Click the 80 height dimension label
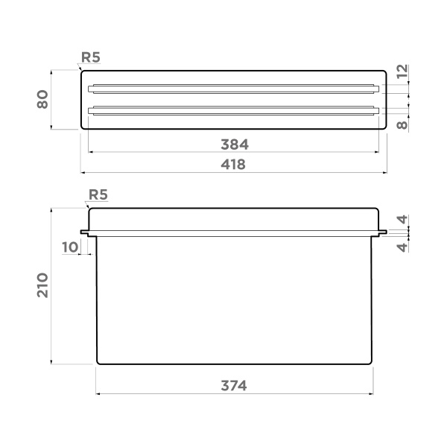click(x=43, y=100)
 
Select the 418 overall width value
click(x=233, y=164)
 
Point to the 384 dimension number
click(x=233, y=144)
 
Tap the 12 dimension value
click(x=402, y=72)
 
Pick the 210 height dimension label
click(x=43, y=285)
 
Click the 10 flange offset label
click(x=69, y=247)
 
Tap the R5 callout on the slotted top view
click(x=92, y=56)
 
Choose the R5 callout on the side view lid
click(x=98, y=195)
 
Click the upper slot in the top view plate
click(x=233, y=89)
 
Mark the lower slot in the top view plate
click(x=233, y=111)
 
